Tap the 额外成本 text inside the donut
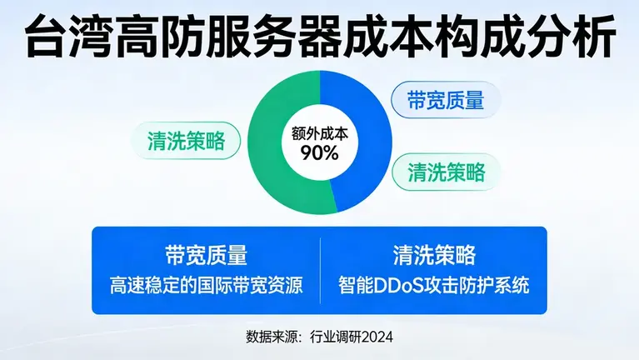click(314, 133)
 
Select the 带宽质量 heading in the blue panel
click(206, 254)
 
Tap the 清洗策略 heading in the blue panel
click(433, 254)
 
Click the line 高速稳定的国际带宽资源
click(206, 285)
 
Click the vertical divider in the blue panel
click(320, 269)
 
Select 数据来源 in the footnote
click(272, 337)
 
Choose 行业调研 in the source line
click(329, 337)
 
